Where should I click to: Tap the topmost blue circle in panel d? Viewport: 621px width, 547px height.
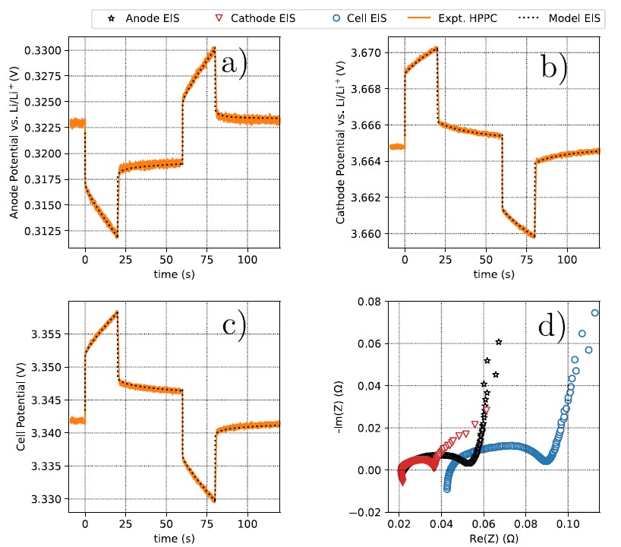point(594,313)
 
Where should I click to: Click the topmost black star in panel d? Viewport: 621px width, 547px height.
point(499,342)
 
